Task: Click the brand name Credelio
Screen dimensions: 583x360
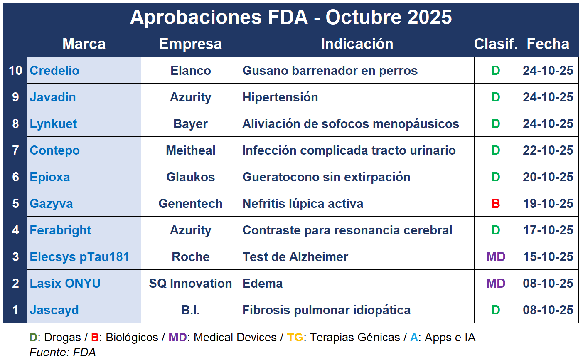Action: pos(54,71)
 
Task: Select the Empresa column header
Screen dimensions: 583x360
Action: pos(190,44)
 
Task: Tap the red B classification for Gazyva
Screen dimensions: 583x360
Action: pos(496,204)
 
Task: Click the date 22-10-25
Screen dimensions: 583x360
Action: pos(548,150)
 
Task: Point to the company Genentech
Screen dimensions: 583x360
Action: pos(190,204)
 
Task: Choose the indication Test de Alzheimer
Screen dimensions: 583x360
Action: pos(295,257)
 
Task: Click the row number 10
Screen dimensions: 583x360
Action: pos(15,71)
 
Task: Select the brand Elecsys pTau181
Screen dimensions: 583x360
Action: pos(79,257)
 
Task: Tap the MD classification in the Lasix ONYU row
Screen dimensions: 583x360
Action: pos(496,284)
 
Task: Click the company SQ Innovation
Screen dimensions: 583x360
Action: pos(190,284)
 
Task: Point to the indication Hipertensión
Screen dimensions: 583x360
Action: pos(280,97)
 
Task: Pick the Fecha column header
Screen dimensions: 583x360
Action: pos(548,44)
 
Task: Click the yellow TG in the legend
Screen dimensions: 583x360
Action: pos(295,338)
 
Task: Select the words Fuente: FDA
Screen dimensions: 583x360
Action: pos(62,353)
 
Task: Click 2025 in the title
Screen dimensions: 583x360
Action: pos(429,17)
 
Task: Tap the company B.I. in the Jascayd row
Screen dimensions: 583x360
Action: pos(190,310)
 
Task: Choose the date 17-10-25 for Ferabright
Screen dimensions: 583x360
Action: pos(548,230)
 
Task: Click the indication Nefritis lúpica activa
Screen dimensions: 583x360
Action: pos(303,204)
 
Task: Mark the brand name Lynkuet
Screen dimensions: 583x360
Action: pos(53,124)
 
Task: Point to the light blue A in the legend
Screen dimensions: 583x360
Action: pos(414,338)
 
